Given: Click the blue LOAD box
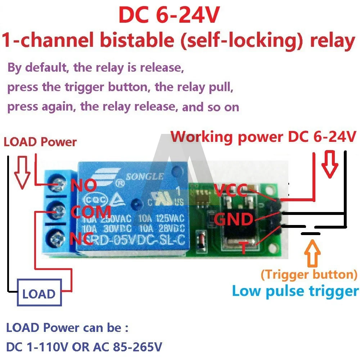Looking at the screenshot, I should (39, 294).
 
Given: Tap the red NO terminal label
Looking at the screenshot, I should (84, 186).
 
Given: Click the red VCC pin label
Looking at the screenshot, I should (230, 189).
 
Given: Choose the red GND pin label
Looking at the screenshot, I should (234, 219).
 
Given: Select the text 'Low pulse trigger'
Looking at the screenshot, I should (295, 291).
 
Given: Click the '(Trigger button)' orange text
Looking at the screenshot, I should (309, 275).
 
